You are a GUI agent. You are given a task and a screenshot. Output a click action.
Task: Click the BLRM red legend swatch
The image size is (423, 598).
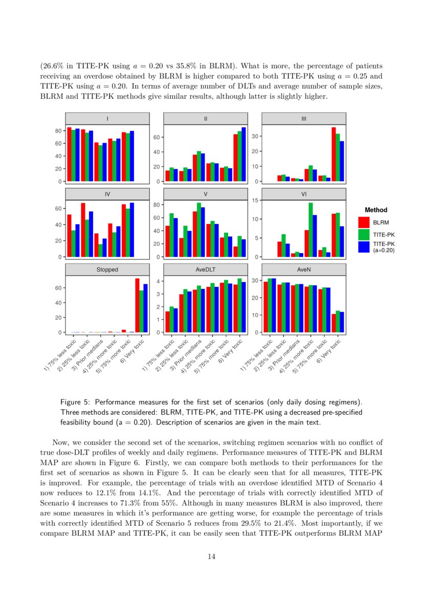(364, 222)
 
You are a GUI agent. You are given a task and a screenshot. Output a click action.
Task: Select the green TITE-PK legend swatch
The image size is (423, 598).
(364, 234)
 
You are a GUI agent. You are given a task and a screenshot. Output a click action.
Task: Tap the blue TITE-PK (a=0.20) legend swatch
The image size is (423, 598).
(364, 247)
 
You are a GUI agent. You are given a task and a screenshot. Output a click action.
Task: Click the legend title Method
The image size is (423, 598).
(376, 210)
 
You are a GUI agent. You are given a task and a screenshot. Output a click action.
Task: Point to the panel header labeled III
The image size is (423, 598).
(304, 119)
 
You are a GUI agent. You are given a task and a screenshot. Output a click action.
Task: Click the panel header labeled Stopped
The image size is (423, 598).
(107, 270)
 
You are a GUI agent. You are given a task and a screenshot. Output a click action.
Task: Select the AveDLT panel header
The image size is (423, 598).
(206, 270)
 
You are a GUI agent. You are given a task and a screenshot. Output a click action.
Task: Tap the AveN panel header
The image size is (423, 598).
(304, 270)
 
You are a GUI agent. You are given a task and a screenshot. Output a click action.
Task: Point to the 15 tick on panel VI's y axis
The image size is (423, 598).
(256, 201)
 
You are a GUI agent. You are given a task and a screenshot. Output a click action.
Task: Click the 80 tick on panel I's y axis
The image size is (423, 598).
(59, 131)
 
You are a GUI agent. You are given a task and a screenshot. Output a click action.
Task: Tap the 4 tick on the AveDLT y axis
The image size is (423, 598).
(159, 281)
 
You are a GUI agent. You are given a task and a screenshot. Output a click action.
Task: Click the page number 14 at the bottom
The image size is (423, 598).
(211, 557)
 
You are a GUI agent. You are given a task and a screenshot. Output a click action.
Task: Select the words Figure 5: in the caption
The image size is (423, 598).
(76, 403)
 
